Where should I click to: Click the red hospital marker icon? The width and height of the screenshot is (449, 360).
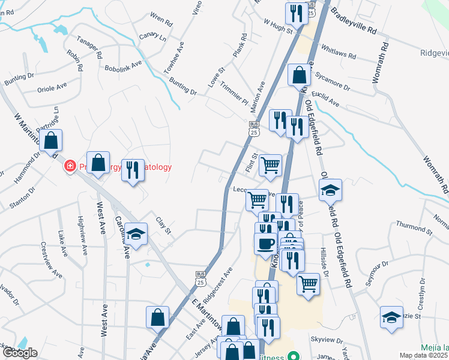pos(70,166)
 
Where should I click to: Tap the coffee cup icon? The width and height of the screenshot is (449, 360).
pos(265,244)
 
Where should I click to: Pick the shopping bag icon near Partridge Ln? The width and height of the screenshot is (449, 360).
pos(52,140)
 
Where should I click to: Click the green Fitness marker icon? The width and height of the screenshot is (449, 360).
pos(293,356)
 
